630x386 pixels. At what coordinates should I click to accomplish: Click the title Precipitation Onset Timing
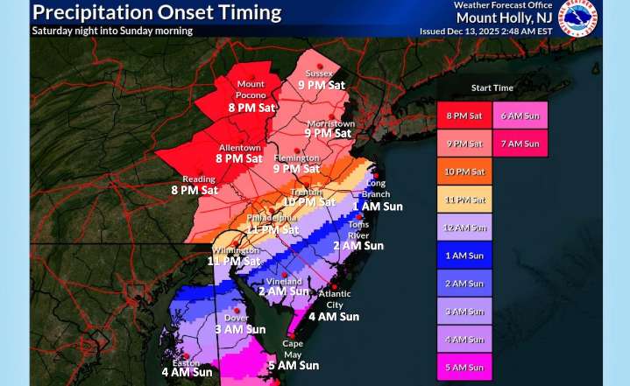(157, 12)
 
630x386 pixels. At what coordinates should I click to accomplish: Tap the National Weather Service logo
(579, 18)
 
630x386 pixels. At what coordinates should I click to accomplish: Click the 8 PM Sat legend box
(464, 116)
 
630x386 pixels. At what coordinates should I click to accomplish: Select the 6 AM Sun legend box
(520, 116)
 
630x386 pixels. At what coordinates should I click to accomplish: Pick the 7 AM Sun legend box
(520, 144)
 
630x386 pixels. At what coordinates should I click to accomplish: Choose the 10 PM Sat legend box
(464, 172)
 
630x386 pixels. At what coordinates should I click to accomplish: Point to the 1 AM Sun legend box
(464, 256)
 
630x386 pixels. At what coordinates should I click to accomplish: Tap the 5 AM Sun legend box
(464, 368)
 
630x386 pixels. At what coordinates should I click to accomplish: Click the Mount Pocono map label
(251, 89)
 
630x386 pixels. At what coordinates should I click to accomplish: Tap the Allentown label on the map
(239, 148)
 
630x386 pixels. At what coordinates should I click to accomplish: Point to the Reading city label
(199, 179)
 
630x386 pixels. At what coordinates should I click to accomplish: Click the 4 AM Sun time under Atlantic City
(334, 317)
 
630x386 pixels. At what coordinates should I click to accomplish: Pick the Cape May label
(293, 348)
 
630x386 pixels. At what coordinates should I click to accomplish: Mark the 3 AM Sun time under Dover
(240, 330)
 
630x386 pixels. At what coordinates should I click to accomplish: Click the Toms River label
(359, 229)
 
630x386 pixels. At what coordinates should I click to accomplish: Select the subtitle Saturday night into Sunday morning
(112, 31)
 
